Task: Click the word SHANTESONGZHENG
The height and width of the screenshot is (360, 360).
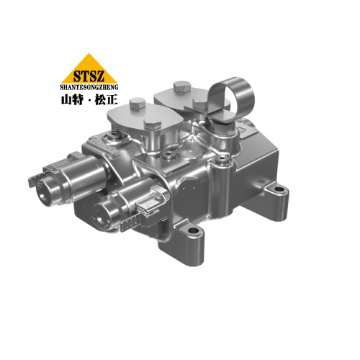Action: (89, 84)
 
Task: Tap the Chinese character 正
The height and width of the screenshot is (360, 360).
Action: (112, 96)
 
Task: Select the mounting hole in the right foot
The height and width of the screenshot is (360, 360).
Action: (276, 191)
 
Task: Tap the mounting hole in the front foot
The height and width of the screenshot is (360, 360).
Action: (192, 230)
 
